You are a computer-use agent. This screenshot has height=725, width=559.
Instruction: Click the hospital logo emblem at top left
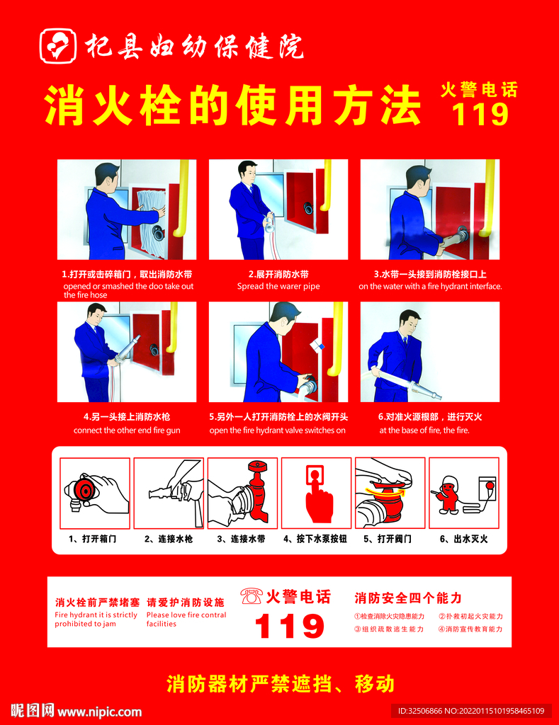[x=58, y=45]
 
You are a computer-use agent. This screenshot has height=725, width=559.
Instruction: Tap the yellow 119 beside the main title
[x=480, y=114]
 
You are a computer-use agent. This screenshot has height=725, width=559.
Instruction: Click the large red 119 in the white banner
[x=289, y=626]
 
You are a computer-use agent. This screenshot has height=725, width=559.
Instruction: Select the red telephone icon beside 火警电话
[x=252, y=596]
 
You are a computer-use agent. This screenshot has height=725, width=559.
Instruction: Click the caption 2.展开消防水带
[x=278, y=274]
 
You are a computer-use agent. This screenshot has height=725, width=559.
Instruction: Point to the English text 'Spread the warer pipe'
[x=278, y=286]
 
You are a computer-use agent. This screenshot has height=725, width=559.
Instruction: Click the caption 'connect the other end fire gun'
[x=127, y=430]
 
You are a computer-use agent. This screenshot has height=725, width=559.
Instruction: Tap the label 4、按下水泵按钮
[x=315, y=539]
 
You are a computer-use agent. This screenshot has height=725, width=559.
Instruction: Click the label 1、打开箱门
[x=93, y=539]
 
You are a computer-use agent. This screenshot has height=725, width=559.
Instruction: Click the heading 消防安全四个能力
[x=407, y=598]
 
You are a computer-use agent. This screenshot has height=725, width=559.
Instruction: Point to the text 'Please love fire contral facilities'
[x=186, y=619]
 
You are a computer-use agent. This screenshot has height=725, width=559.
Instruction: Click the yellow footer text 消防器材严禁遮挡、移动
[x=280, y=684]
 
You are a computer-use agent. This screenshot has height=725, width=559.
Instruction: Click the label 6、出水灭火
[x=463, y=539]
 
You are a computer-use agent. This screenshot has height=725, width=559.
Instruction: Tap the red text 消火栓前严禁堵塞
[x=97, y=603]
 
